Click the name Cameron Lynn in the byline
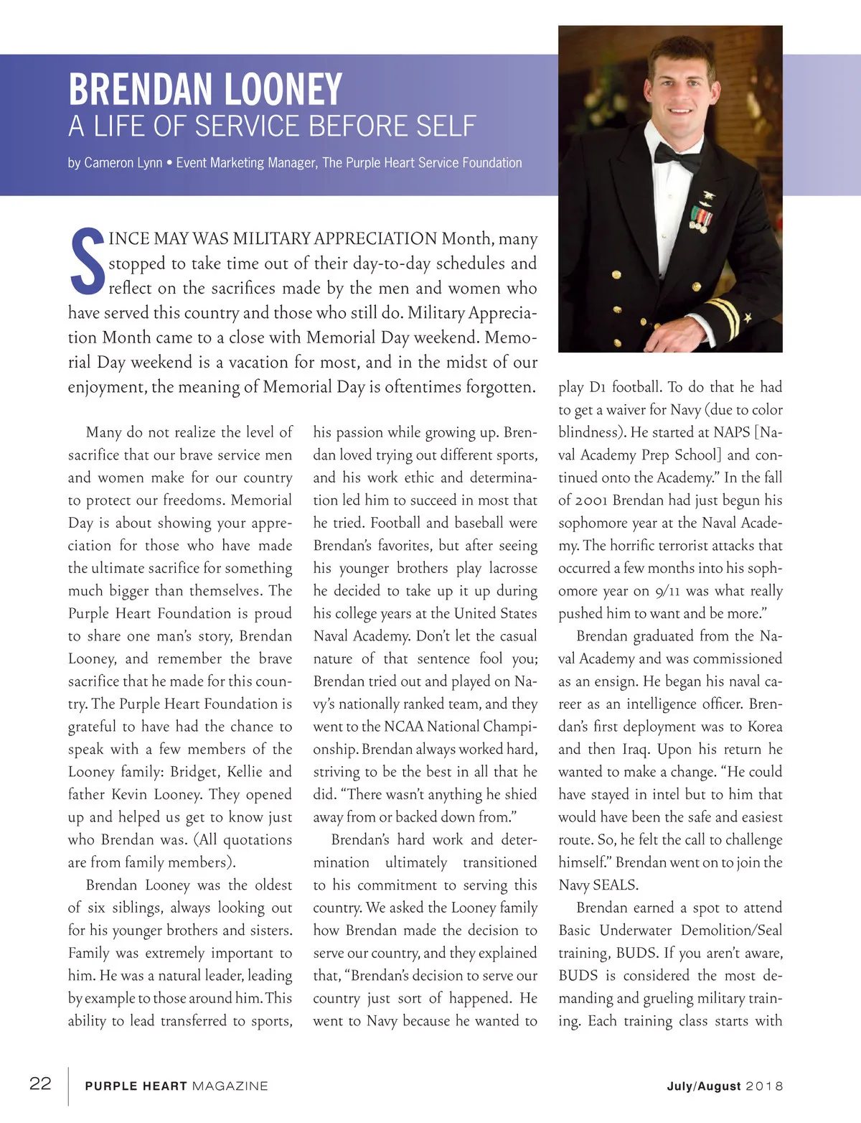point(123,163)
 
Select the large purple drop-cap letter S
point(87,261)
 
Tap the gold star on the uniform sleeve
point(747,317)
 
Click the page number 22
point(40,1084)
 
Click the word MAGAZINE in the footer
point(230,1086)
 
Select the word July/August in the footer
point(703,1086)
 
